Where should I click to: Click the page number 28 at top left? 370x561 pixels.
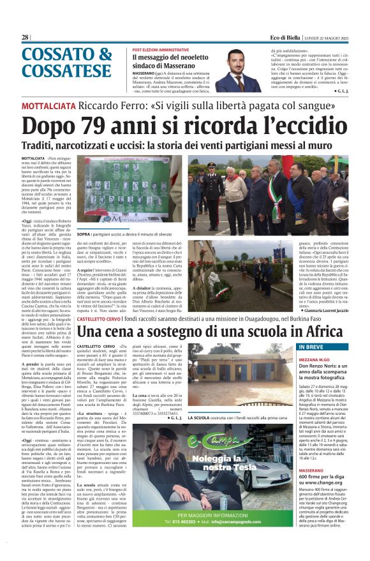[x=25, y=37]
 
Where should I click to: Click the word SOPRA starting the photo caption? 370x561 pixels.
[x=84, y=234]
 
